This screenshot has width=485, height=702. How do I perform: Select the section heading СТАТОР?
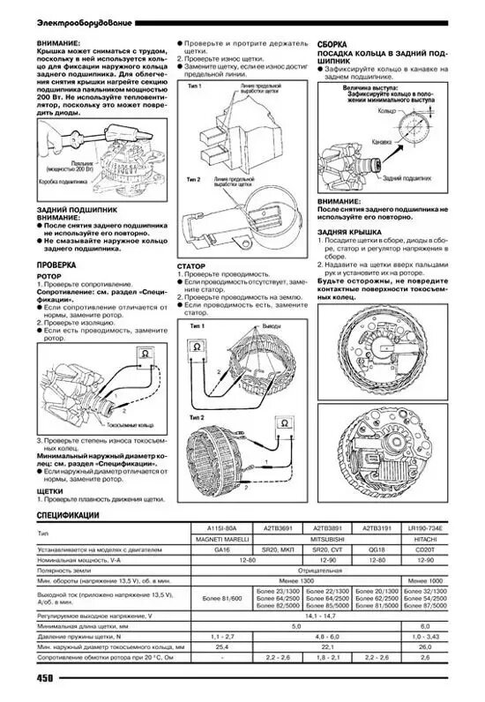click(x=192, y=265)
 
